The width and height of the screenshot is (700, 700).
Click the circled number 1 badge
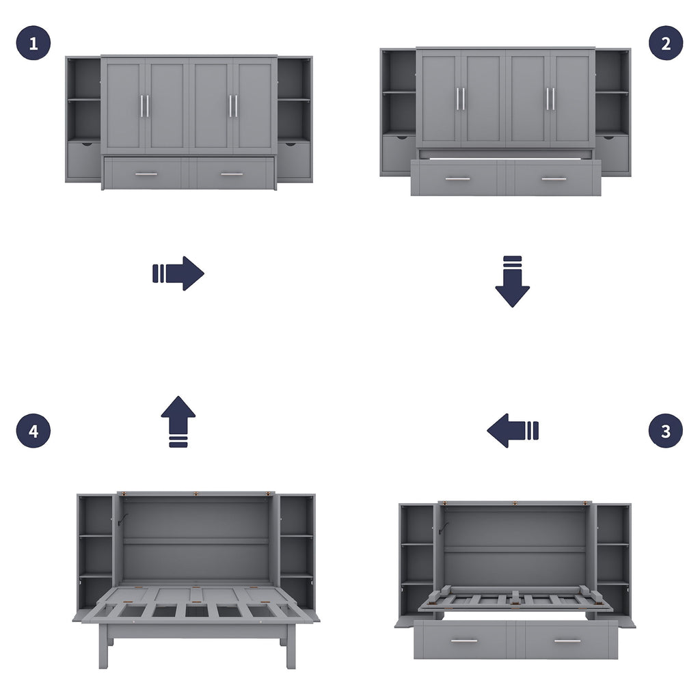pos(33,43)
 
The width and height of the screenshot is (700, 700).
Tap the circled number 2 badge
pos(665,43)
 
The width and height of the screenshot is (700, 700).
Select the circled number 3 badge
pos(665,431)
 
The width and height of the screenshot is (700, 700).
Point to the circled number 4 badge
pos(33,431)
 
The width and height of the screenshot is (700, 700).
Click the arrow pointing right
pos(178,273)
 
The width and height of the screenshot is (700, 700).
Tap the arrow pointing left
pos(513,431)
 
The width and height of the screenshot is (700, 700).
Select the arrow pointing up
pos(178,421)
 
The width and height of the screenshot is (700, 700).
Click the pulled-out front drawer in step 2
pos(506,178)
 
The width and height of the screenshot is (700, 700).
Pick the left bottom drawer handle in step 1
pos(146,174)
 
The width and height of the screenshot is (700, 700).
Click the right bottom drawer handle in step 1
pos(232,174)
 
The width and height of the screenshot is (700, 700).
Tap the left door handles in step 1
pos(145,105)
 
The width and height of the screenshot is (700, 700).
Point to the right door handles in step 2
pos(550,98)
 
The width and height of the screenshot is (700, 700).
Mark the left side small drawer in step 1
pos(83,160)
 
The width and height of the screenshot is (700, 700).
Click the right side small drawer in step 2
pos(612,153)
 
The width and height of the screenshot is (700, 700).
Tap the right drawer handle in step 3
pos(567,641)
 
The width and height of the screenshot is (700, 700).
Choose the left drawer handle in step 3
pos(464,641)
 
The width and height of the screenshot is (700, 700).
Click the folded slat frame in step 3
pos(515,600)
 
